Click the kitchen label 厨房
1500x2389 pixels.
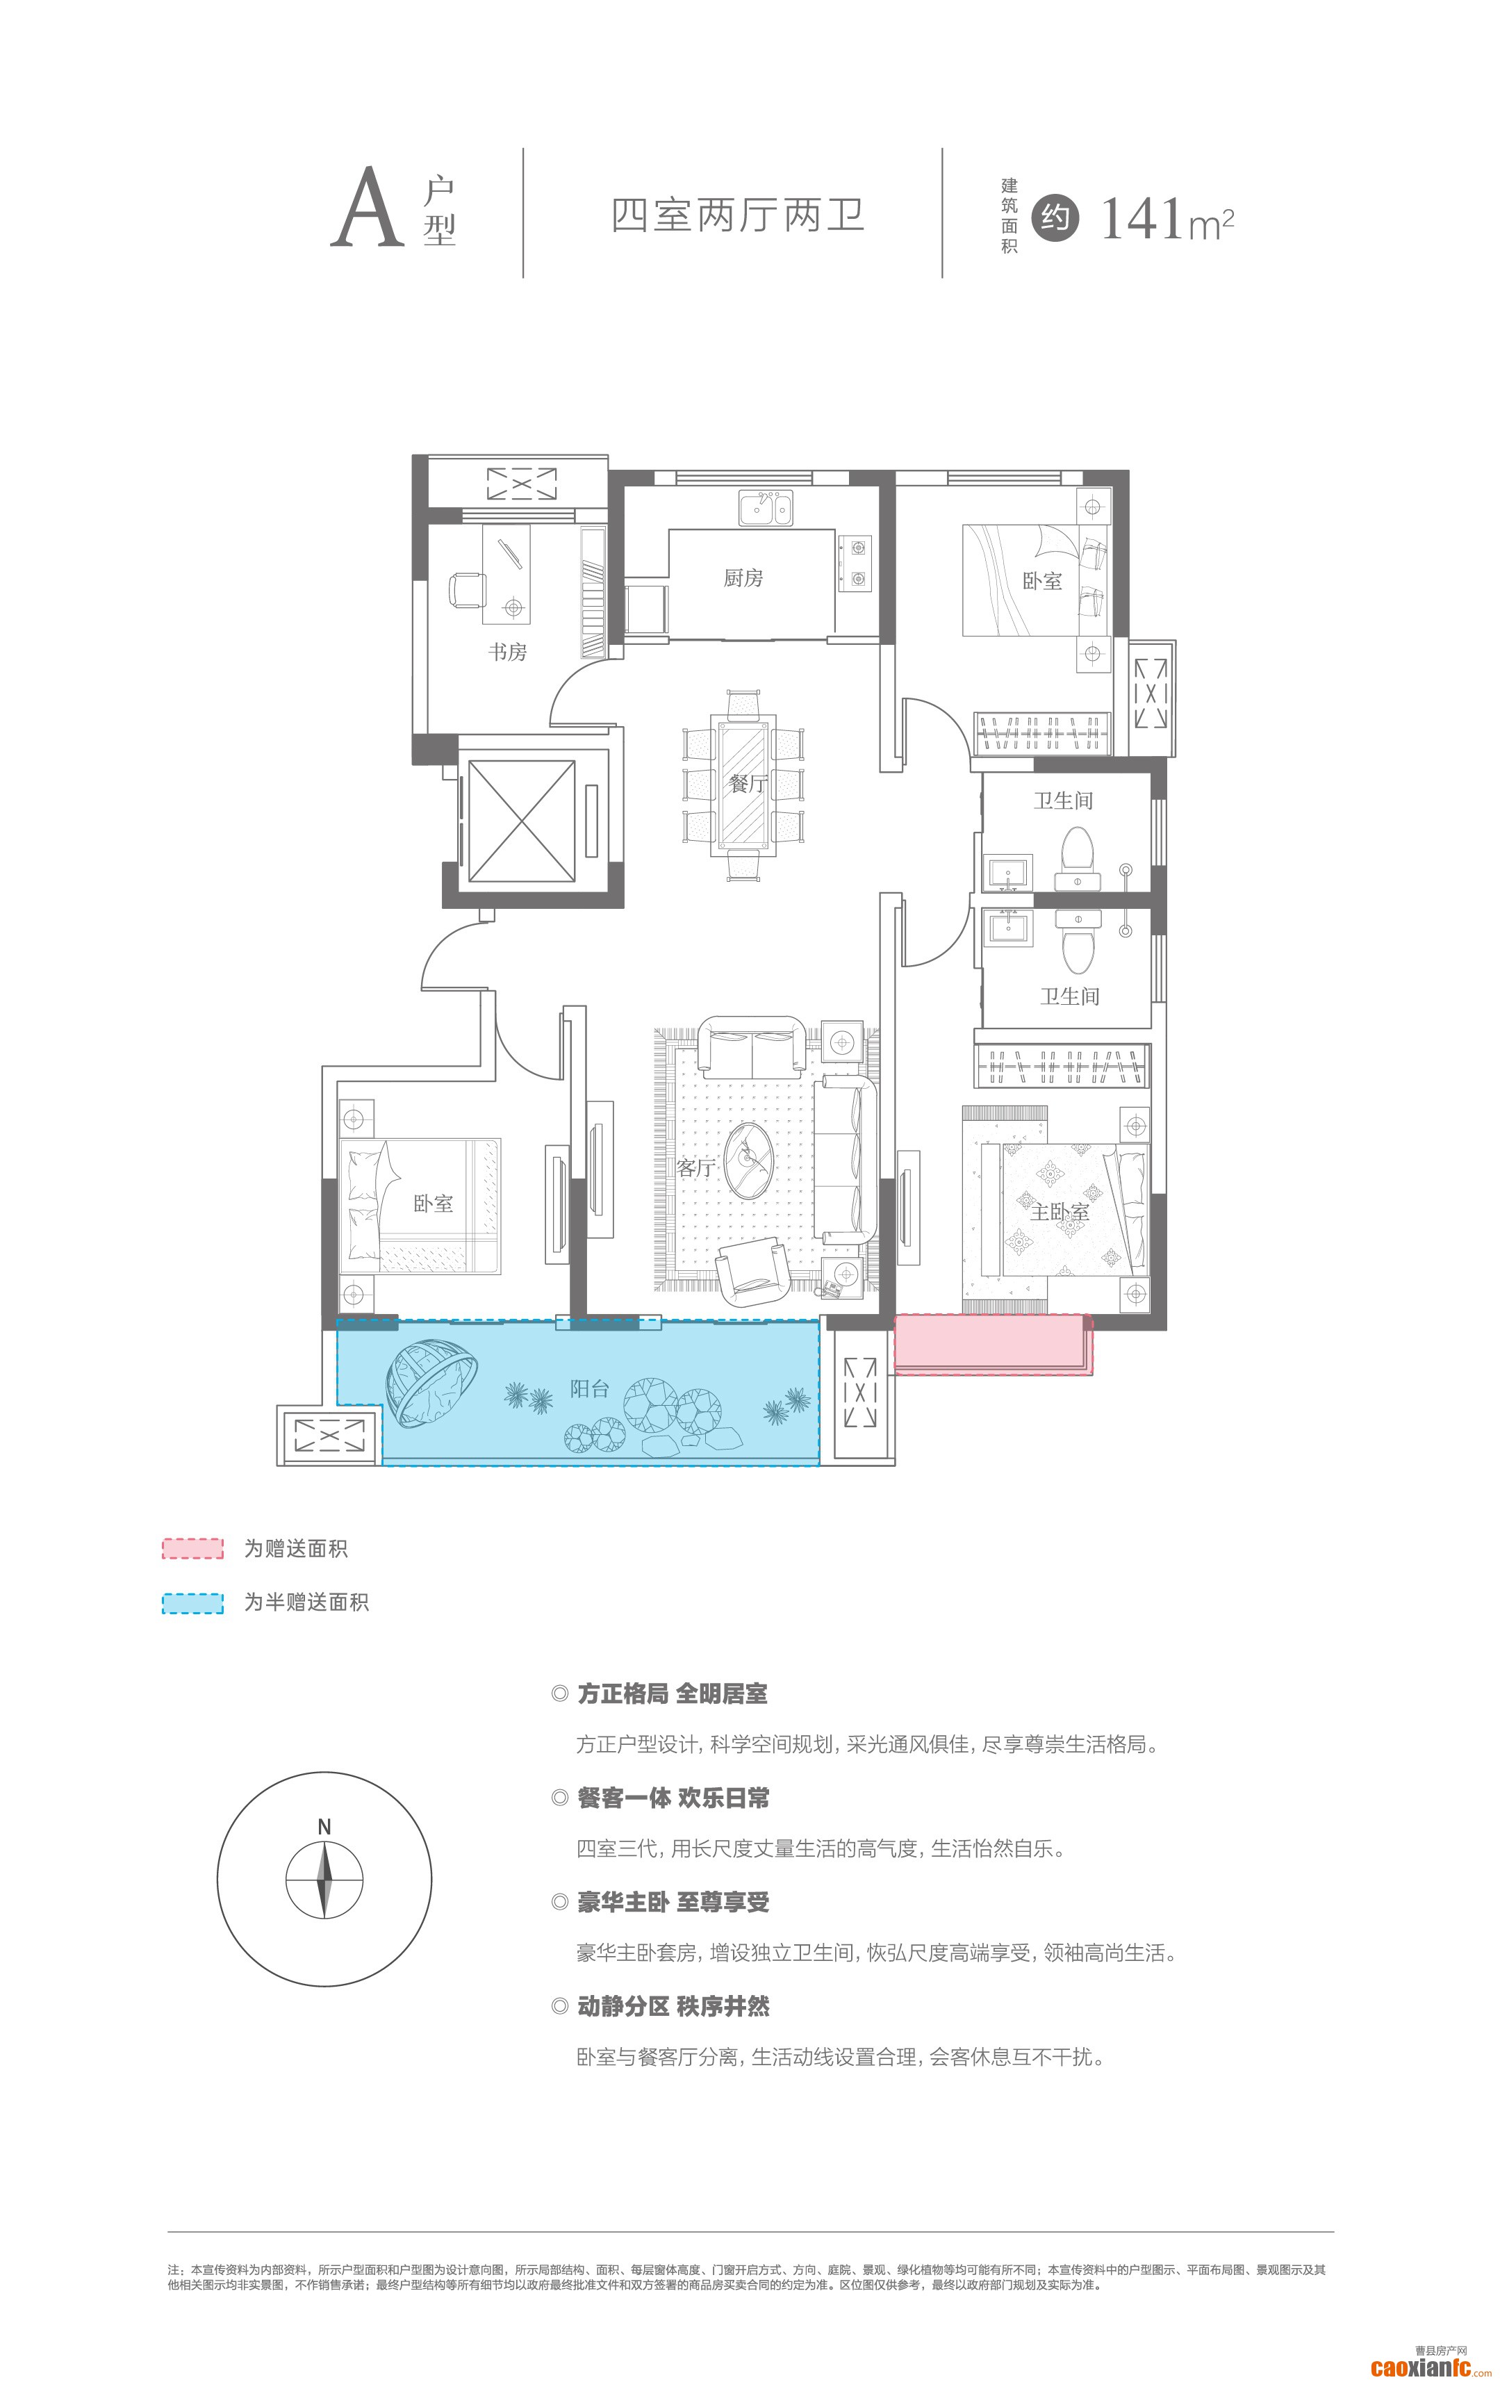coord(743,577)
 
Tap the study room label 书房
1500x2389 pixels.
coord(507,652)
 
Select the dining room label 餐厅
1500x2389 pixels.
coord(748,784)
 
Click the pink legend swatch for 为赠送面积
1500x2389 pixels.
coord(192,1549)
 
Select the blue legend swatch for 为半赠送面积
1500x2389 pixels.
coord(192,1602)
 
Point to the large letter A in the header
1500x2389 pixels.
coord(367,208)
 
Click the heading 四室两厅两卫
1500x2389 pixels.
coord(738,215)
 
